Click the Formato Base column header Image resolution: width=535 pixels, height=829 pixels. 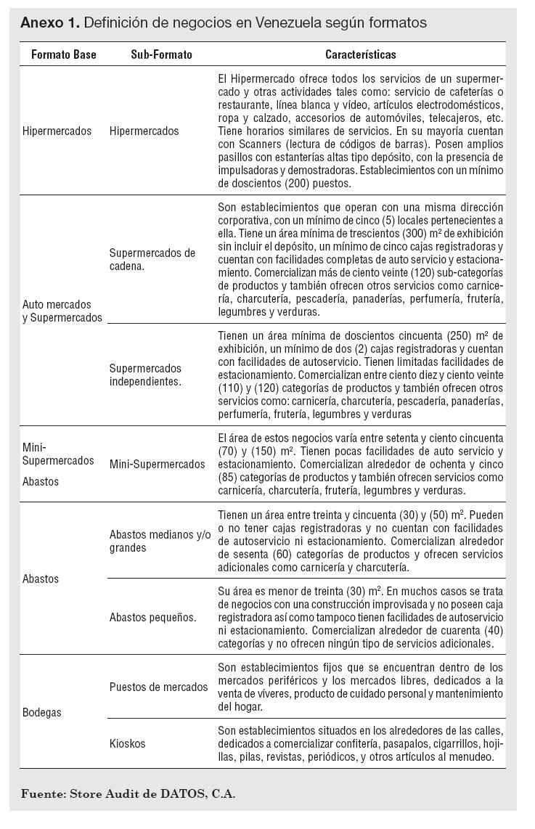click(64, 54)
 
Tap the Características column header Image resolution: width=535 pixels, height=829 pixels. click(361, 54)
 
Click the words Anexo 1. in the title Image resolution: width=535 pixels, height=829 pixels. click(49, 23)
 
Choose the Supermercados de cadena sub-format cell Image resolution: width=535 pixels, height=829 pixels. click(152, 259)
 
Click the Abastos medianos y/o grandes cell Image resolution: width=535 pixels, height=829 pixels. click(160, 541)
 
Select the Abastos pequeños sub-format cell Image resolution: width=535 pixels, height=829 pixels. click(152, 618)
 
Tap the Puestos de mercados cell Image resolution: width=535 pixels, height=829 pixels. click(158, 687)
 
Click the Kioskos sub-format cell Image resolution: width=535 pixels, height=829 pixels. click(128, 743)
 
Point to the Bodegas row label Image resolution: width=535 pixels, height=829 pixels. click(42, 712)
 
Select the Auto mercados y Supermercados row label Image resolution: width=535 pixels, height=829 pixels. click(62, 311)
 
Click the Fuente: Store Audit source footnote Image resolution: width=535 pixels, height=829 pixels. click(128, 793)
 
